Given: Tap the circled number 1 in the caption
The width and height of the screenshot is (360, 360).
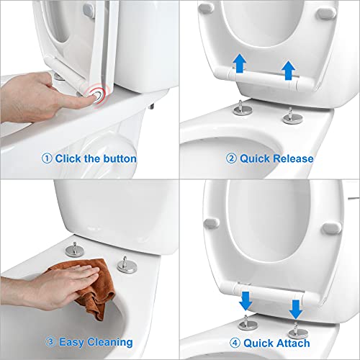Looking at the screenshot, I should click(x=48, y=158).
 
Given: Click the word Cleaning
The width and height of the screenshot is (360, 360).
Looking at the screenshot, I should click(x=108, y=341).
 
